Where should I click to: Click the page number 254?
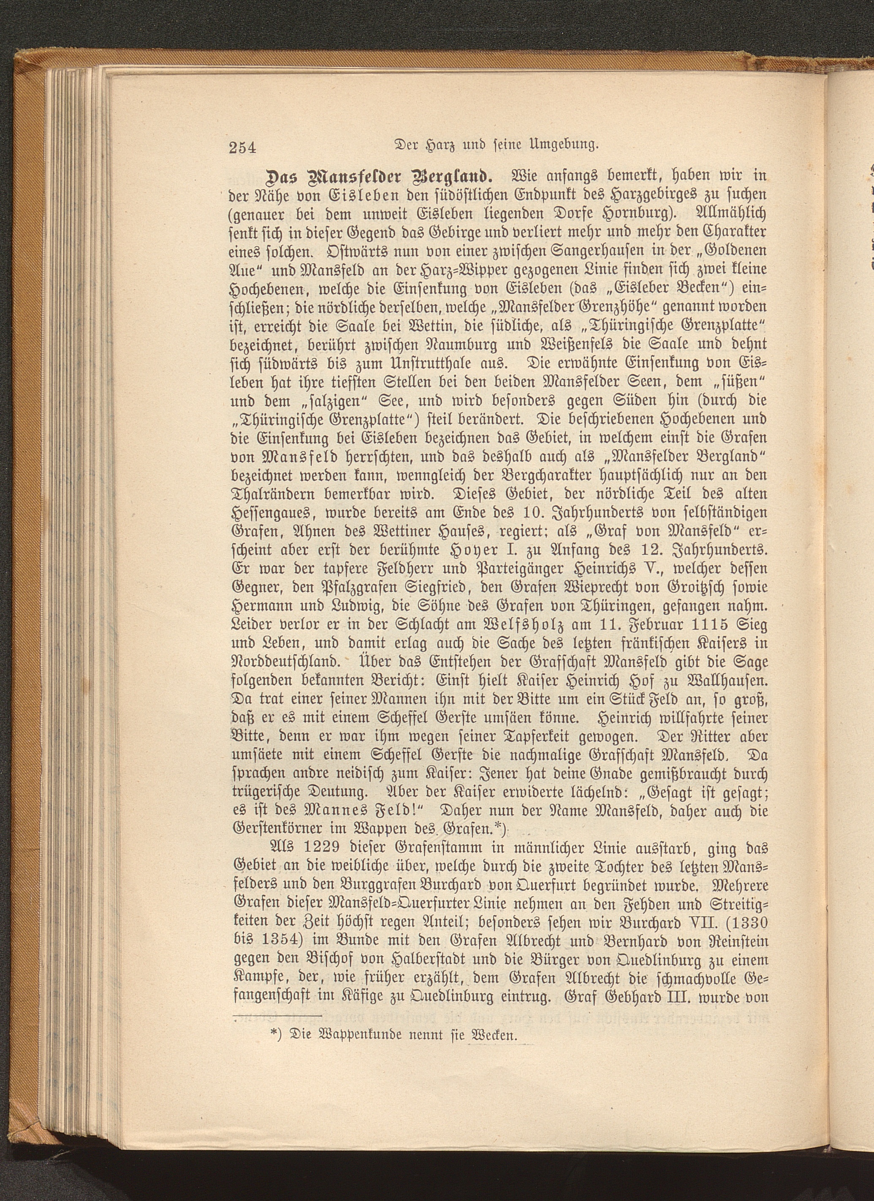coord(242,147)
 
